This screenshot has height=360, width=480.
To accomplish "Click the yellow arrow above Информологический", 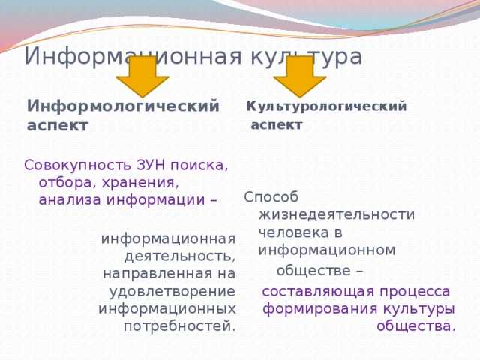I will point(142,75).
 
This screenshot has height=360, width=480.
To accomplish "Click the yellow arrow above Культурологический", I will point(300,75).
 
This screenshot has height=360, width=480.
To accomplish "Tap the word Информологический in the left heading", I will point(124,106).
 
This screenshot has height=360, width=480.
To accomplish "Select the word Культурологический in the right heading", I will point(327,106).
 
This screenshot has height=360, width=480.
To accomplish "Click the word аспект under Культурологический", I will point(277,124).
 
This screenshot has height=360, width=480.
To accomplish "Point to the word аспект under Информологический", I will point(58,125).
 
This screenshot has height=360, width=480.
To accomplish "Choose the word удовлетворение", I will point(172,291).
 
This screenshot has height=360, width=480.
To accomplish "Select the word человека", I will point(292,232).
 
